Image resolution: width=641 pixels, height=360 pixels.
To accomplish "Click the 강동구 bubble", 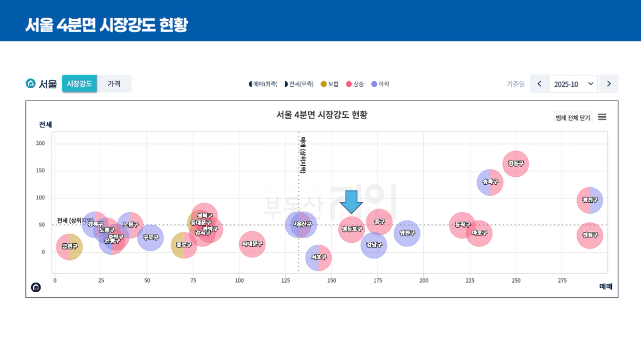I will coord(515,164).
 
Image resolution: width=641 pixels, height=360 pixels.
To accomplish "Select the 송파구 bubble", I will coord(490,182).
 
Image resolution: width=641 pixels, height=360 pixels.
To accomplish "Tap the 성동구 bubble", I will coord(590,235).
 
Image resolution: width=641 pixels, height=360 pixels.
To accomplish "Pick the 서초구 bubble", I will coord(318,258).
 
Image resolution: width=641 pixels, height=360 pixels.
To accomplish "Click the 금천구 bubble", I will coord(69,247).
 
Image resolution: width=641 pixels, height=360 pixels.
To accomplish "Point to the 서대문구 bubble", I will coord(252,244).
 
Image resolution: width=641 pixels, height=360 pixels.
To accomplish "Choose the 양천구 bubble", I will coord(407,233).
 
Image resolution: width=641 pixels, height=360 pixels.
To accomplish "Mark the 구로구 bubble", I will coord(151,238).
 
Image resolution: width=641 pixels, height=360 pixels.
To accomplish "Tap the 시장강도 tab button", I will coord(79,84).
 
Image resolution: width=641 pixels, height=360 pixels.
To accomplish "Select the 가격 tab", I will coord(114,84).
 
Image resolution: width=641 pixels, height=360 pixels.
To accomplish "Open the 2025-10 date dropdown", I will coord(573,84).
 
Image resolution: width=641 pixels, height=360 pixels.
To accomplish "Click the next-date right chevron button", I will coord(609,84).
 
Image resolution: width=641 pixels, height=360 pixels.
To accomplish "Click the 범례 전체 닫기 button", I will coord(573,118).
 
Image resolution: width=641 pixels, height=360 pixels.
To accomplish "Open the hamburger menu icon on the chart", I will coord(602,117).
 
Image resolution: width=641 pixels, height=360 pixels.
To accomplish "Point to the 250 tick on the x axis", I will coord(516,281).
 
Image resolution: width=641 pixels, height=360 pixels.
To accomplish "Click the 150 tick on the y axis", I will coord(40,171).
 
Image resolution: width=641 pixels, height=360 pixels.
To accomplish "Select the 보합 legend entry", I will coord(330,84).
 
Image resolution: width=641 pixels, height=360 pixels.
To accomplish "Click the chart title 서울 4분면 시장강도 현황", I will coord(322,115).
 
